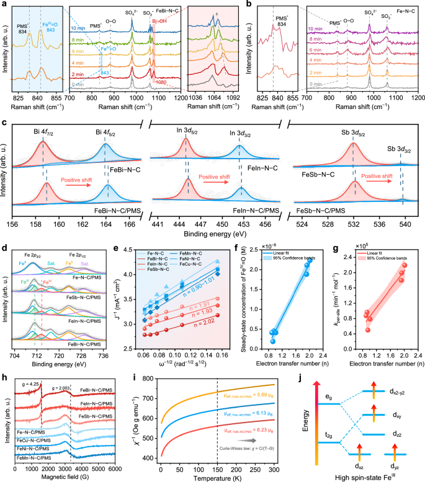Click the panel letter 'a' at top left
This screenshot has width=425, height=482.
point(4,4)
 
